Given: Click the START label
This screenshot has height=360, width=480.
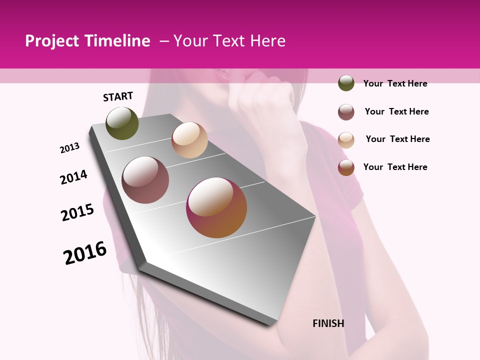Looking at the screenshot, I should (x=118, y=96).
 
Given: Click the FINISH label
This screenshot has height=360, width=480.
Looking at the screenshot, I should (x=328, y=323).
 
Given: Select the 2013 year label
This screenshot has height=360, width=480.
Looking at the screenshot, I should (x=70, y=147).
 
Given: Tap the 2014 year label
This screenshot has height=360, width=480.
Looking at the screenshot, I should (x=74, y=177).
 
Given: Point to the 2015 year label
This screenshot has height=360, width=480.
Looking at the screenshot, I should (x=77, y=212).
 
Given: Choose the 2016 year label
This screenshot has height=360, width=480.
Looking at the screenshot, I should (x=85, y=253).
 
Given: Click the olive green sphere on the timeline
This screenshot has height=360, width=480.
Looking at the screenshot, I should (x=122, y=123).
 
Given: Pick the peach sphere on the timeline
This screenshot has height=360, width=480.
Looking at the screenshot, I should (x=189, y=140).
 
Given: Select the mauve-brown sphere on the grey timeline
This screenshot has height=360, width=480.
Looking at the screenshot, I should (x=145, y=180).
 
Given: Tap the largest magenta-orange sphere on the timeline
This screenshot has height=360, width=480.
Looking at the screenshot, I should (x=216, y=207).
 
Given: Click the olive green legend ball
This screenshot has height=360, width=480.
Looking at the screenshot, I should (x=346, y=83).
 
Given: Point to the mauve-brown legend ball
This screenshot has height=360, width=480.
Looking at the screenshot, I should (x=346, y=112).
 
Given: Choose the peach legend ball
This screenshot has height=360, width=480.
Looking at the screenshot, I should (x=346, y=140).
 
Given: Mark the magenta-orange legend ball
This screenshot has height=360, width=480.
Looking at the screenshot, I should (x=346, y=167).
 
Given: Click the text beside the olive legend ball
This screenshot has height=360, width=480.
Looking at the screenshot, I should (x=395, y=83).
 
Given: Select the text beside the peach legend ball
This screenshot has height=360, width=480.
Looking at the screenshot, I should (x=397, y=139).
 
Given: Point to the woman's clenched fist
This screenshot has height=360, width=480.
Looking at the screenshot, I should (x=260, y=100).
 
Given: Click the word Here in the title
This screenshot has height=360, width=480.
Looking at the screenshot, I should (x=267, y=41).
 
